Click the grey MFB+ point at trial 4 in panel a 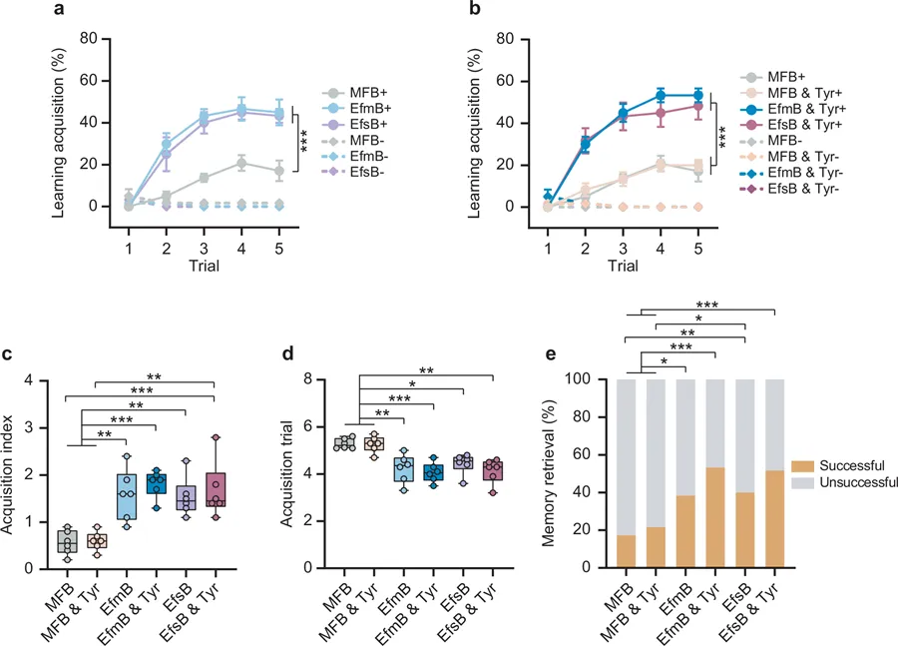click(x=241, y=163)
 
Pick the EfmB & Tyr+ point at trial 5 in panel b click(x=697, y=96)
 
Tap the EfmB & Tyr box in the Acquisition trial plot click(x=433, y=472)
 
